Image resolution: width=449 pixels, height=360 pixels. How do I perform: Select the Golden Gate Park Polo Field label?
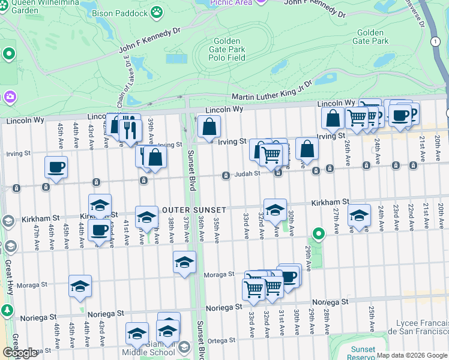point(227,49)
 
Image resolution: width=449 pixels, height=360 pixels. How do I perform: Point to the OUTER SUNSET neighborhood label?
point(194,210)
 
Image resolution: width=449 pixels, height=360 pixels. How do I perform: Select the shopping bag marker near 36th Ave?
point(209,126)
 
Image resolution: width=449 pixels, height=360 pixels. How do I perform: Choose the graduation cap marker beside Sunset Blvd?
point(184,262)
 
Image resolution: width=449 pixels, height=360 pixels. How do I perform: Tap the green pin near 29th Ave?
point(319,233)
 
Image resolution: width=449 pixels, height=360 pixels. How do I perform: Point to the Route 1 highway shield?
point(434,41)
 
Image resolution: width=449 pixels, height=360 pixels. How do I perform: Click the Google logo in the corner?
point(20,353)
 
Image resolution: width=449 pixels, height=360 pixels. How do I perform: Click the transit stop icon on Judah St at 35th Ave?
point(225,176)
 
